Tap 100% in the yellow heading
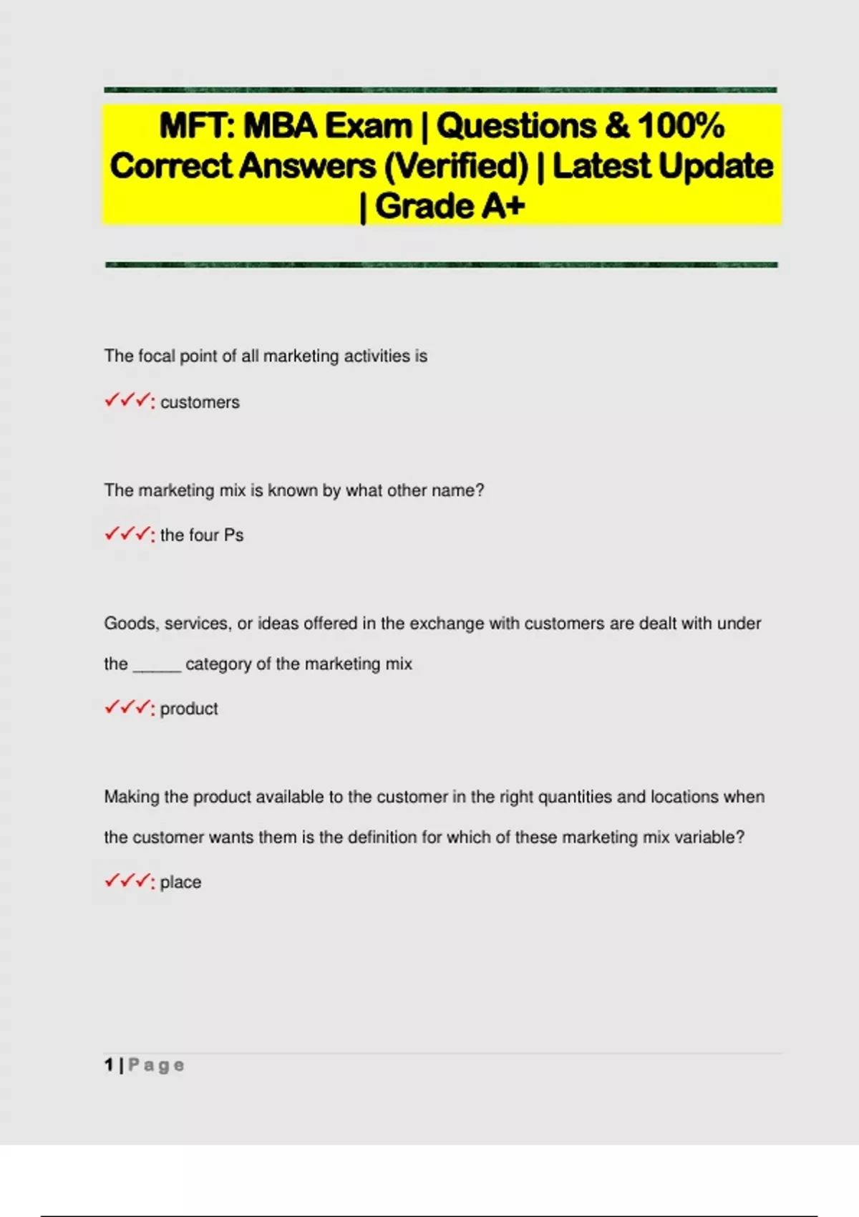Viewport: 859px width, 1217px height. [x=681, y=127]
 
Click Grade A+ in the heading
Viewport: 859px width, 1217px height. [x=450, y=207]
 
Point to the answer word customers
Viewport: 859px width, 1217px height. [x=200, y=402]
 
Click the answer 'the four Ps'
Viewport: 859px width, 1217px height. [x=202, y=535]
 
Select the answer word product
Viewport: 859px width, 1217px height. [x=189, y=709]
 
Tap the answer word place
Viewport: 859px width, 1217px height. [x=180, y=882]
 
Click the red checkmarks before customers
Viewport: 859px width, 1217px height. [x=129, y=401]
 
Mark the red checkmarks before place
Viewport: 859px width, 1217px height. [x=129, y=881]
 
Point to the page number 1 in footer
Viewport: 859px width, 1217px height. [x=109, y=1065]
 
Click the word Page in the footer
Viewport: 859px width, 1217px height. [x=156, y=1066]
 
